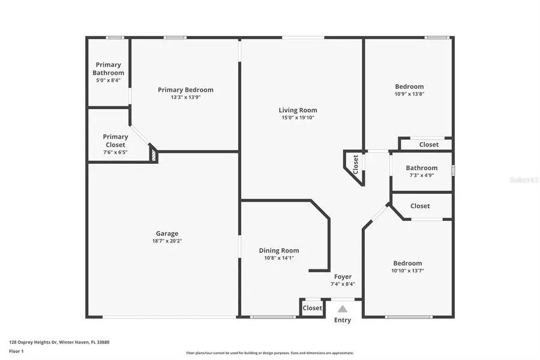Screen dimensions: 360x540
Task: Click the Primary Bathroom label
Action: pyautogui.click(x=109, y=68)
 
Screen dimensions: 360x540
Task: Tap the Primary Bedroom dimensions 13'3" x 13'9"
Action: pyautogui.click(x=185, y=97)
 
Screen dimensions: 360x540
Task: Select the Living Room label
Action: pyautogui.click(x=298, y=110)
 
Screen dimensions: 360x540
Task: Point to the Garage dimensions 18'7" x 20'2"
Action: pyautogui.click(x=167, y=241)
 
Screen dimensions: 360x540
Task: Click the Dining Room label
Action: pyautogui.click(x=278, y=251)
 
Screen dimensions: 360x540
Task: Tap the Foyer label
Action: pyautogui.click(x=343, y=277)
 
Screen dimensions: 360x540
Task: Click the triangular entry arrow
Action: pyautogui.click(x=342, y=309)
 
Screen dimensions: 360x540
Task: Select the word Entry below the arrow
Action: pyautogui.click(x=342, y=320)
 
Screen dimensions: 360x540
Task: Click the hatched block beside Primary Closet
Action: pyautogui.click(x=154, y=155)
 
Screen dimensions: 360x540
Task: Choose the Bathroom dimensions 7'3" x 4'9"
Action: pyautogui.click(x=421, y=175)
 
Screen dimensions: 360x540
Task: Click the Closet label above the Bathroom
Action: pyautogui.click(x=428, y=145)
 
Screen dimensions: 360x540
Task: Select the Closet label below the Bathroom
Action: pyautogui.click(x=420, y=206)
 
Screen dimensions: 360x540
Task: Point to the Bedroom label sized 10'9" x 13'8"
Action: pyautogui.click(x=409, y=86)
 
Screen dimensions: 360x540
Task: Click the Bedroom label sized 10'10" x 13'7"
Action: pyautogui.click(x=407, y=263)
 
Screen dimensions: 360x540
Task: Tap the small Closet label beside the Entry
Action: pyautogui.click(x=312, y=308)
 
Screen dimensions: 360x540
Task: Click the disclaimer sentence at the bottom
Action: pyautogui.click(x=269, y=353)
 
